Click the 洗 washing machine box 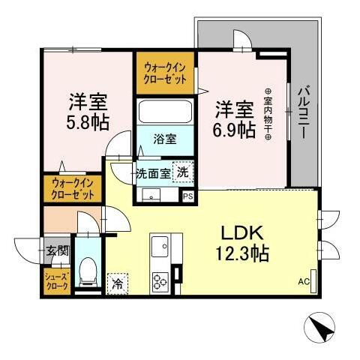[x=182, y=172]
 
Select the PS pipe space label [x=187, y=197]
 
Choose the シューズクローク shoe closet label [x=58, y=282]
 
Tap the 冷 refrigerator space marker [x=117, y=283]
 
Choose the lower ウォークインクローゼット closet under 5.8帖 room [x=74, y=188]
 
